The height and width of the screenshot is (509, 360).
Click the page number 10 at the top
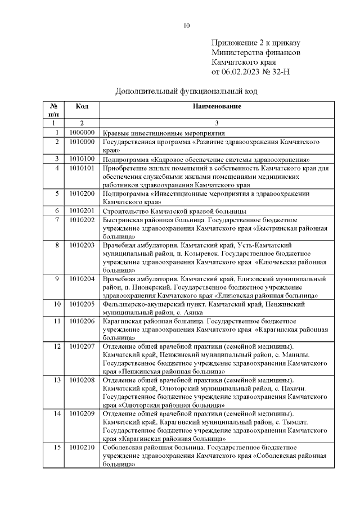coord(187,25)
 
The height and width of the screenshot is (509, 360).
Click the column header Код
coord(82,106)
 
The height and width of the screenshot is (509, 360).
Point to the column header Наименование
coord(217,106)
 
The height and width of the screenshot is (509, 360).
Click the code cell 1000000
coord(82,133)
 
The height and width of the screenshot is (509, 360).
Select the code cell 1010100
coord(82,159)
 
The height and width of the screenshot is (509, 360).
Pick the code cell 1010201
coord(82,210)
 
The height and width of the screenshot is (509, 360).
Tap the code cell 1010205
coord(82,304)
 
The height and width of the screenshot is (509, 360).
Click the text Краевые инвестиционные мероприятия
coord(164,133)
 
